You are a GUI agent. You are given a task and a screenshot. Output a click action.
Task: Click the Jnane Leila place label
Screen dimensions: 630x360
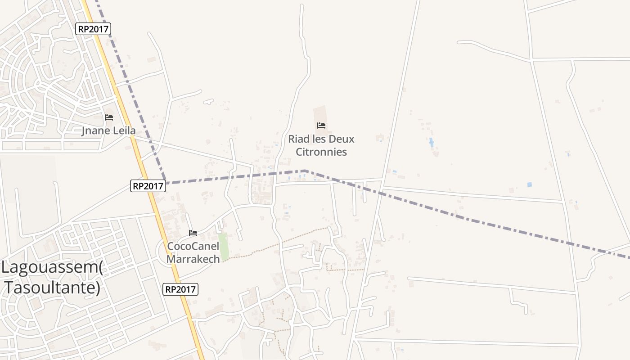click(x=108, y=131)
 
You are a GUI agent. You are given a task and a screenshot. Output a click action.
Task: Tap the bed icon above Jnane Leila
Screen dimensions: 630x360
click(x=109, y=117)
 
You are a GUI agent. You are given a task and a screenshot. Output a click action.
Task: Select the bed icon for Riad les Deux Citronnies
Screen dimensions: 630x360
click(x=321, y=126)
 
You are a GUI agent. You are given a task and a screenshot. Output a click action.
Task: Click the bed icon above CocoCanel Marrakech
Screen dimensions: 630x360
click(x=193, y=233)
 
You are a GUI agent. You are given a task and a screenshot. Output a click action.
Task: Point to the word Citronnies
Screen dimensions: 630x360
click(x=321, y=152)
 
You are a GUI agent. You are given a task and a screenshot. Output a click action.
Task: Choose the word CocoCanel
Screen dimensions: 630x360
click(x=193, y=247)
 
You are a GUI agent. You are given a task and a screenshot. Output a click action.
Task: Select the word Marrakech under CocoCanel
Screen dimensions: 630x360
click(x=193, y=259)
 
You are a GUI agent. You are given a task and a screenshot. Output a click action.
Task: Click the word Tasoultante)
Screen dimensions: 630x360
click(x=53, y=288)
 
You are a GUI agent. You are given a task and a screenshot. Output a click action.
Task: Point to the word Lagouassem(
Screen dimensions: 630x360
click(x=52, y=268)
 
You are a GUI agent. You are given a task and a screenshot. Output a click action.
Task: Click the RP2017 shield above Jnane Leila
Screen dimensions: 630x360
click(x=93, y=29)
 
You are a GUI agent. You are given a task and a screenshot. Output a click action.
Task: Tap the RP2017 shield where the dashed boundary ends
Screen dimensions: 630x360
click(x=148, y=185)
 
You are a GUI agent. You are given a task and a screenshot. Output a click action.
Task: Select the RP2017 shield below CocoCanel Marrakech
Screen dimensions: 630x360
click(x=180, y=289)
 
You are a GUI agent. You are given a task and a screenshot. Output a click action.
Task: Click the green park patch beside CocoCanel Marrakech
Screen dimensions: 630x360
click(x=223, y=247)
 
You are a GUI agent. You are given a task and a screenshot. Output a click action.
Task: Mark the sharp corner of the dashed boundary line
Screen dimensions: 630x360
click(x=305, y=171)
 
